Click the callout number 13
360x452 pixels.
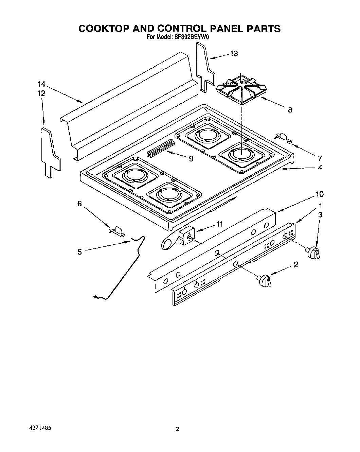click(234, 54)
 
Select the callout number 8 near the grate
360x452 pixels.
click(290, 110)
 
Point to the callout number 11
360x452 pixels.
click(219, 224)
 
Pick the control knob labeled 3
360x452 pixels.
click(313, 253)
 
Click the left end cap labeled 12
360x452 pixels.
click(50, 152)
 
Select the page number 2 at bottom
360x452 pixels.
click(177, 429)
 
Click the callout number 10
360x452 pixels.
click(319, 194)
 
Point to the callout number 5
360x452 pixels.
click(79, 252)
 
